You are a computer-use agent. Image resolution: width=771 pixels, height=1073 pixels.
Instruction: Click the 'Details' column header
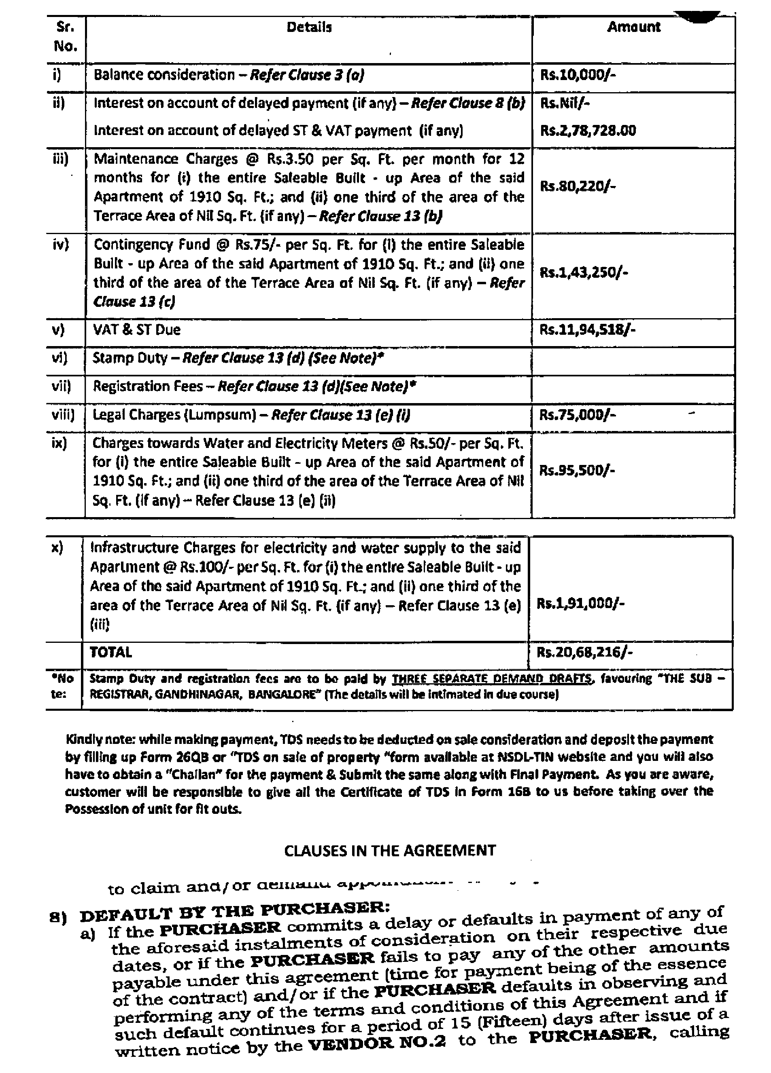pyautogui.click(x=309, y=27)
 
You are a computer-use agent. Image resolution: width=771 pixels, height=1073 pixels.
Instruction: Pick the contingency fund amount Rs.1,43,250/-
pyautogui.click(x=584, y=272)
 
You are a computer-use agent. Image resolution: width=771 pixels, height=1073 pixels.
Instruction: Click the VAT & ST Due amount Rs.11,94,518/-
pyautogui.click(x=587, y=329)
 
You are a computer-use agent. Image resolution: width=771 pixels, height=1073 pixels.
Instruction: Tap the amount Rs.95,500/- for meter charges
pyautogui.click(x=577, y=470)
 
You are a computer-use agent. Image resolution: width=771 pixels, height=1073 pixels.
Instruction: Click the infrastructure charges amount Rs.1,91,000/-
pyautogui.click(x=580, y=604)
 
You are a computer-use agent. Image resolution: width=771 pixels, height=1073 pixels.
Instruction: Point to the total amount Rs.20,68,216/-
pyautogui.click(x=584, y=653)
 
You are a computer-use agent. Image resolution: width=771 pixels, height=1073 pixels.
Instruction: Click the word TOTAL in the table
pyautogui.click(x=111, y=653)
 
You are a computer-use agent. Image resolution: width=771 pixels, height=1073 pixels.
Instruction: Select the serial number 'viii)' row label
pyautogui.click(x=64, y=415)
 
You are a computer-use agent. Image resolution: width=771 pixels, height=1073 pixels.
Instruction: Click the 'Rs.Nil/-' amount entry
pyautogui.click(x=565, y=103)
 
